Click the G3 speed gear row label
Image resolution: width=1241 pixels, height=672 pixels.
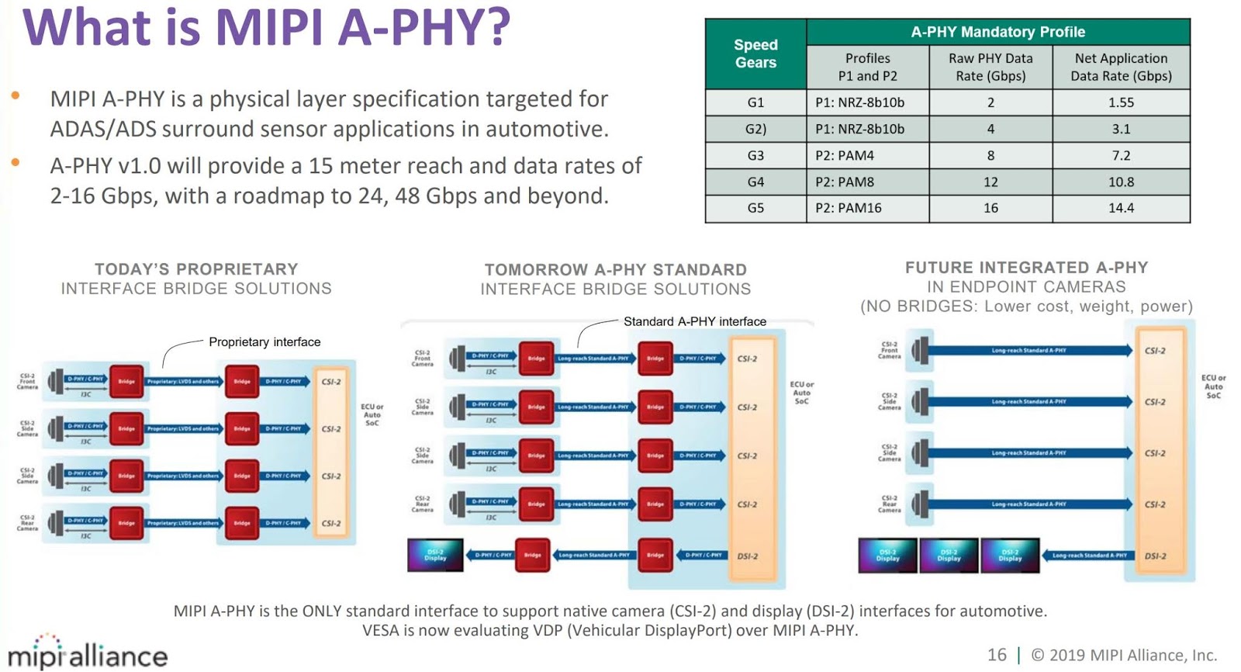click(x=755, y=155)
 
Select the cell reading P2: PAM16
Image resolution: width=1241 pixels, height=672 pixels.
click(x=849, y=208)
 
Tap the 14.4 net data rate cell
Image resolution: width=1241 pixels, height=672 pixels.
click(x=1121, y=208)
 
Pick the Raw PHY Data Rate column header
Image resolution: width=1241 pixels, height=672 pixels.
click(x=990, y=67)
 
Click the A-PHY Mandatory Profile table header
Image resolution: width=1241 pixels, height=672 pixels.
click(x=997, y=32)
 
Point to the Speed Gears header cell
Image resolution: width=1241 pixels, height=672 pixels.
click(x=755, y=54)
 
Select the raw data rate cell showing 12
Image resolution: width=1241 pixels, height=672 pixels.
click(x=990, y=182)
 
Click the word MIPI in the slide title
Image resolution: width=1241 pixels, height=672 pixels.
click(x=272, y=27)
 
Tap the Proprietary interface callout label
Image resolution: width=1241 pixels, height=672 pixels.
click(x=264, y=341)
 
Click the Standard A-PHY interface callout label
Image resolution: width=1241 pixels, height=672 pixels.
click(x=694, y=321)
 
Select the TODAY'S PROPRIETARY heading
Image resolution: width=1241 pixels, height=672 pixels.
click(x=196, y=269)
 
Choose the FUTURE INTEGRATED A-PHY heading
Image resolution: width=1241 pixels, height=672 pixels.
click(x=1026, y=268)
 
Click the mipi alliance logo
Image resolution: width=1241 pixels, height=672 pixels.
click(x=88, y=653)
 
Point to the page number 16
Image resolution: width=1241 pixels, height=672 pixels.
click(x=997, y=655)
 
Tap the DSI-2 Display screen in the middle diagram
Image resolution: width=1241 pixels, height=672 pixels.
click(x=435, y=555)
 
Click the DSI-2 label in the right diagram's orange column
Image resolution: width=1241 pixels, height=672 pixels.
click(x=1155, y=556)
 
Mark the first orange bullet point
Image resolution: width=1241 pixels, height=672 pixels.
click(x=16, y=96)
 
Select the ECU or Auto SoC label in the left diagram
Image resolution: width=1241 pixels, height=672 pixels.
click(x=372, y=414)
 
